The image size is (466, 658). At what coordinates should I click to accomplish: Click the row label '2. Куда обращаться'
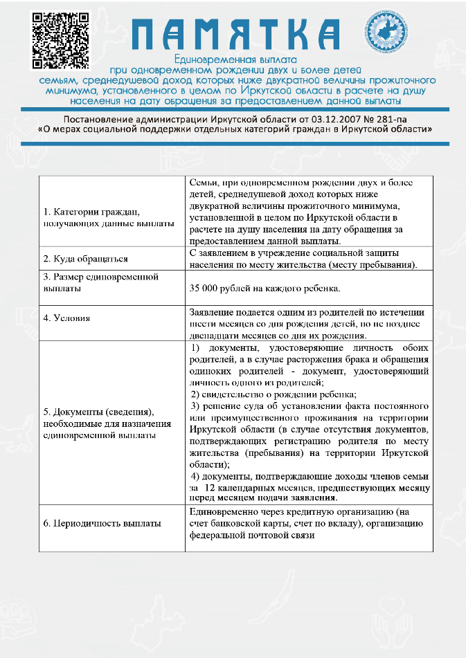tap(85, 259)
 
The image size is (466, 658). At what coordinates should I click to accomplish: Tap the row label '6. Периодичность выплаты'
tap(102, 523)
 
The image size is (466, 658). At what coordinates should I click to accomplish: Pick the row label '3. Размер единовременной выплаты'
tap(101, 282)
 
